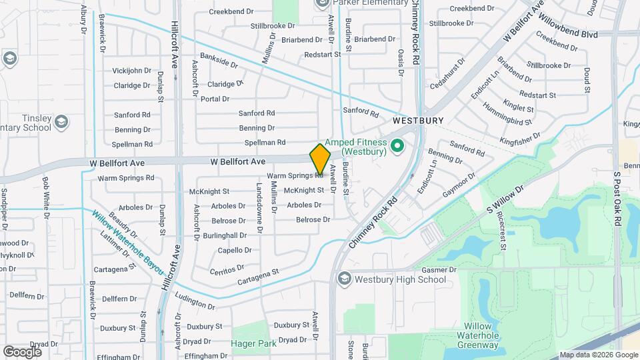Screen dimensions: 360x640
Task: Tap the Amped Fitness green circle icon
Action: pyautogui.click(x=398, y=145)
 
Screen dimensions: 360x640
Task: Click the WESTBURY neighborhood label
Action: pyautogui.click(x=417, y=121)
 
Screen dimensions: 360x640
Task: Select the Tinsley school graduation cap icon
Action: pyautogui.click(x=61, y=121)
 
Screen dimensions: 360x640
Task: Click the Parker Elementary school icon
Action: pyautogui.click(x=321, y=3)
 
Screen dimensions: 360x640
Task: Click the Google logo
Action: pyautogui.click(x=22, y=351)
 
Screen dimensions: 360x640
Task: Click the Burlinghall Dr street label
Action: pyautogui.click(x=225, y=235)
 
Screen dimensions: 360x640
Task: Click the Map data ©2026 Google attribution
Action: pyautogui.click(x=598, y=355)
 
